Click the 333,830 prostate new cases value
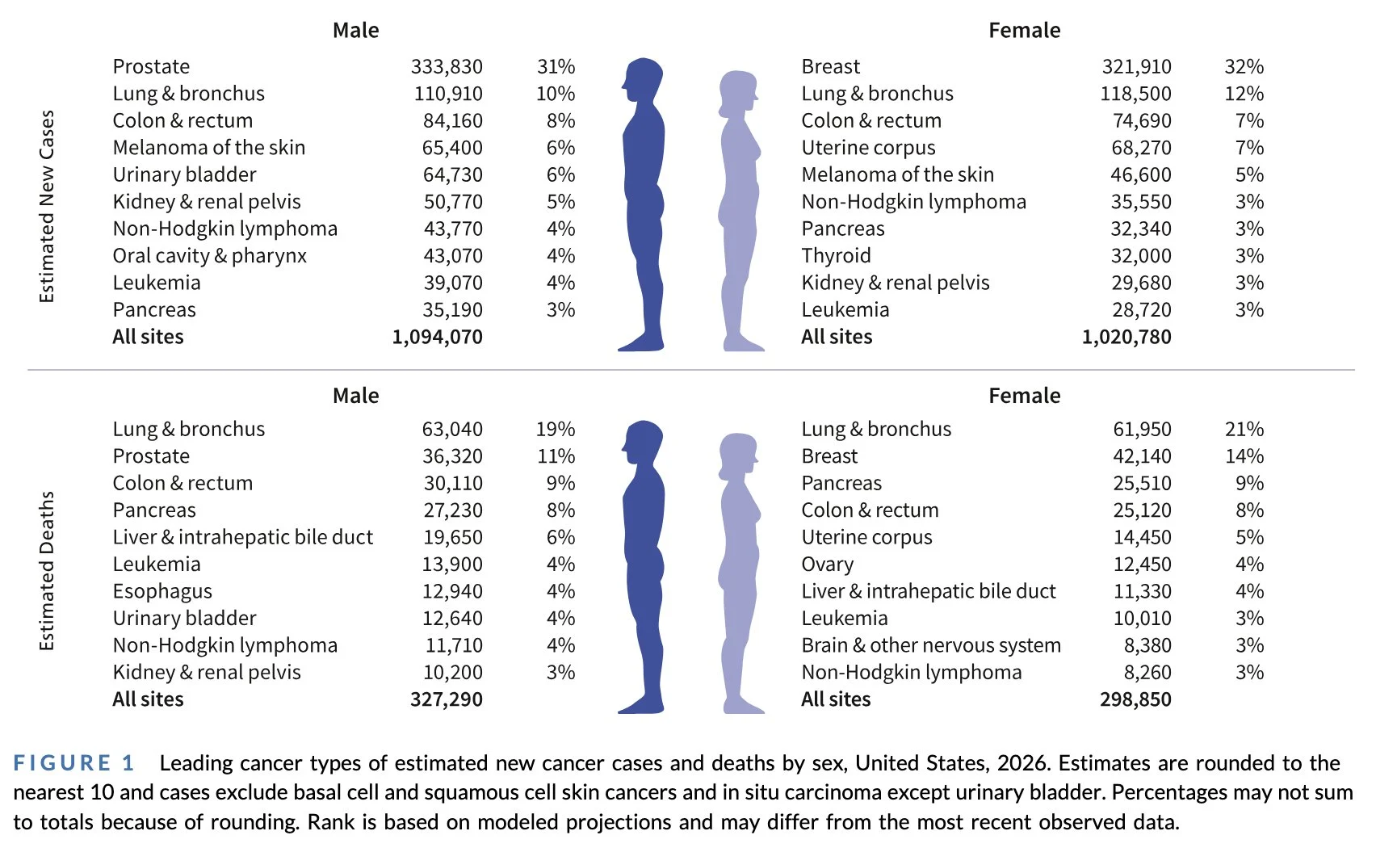point(447,66)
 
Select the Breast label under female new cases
point(830,66)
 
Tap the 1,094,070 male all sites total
point(437,337)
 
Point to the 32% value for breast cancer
point(1244,66)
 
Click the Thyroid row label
point(836,256)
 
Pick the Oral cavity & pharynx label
point(209,256)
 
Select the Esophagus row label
point(162,591)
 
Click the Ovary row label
point(827,565)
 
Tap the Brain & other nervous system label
point(930,645)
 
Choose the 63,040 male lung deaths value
point(452,429)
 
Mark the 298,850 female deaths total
point(1135,699)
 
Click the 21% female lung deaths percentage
point(1244,429)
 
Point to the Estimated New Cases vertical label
point(47,207)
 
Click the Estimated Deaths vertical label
point(47,571)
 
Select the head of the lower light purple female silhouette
point(738,452)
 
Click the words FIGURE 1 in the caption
point(73,763)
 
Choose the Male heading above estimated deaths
point(355,396)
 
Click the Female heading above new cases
point(1024,31)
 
